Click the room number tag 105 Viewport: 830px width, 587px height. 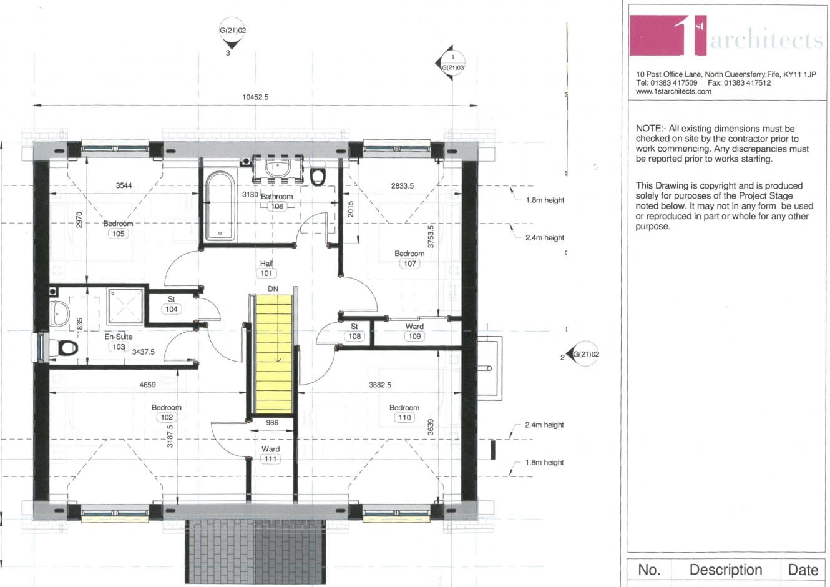click(118, 234)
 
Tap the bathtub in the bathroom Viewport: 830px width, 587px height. click(220, 207)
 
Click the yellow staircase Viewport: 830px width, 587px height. click(273, 353)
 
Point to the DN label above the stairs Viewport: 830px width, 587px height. click(273, 289)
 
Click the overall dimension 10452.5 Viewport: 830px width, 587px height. click(255, 97)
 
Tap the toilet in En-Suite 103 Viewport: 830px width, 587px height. click(65, 347)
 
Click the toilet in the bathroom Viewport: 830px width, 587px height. click(318, 175)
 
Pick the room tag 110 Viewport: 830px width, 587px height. click(404, 417)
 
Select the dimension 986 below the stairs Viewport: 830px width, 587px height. click(272, 423)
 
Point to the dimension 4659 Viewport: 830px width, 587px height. click(147, 385)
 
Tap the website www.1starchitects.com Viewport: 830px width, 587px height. click(673, 91)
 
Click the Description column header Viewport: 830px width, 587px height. click(725, 570)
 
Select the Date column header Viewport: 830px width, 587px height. click(803, 570)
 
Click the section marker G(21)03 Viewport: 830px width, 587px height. click(452, 64)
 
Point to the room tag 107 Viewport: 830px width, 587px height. click(409, 264)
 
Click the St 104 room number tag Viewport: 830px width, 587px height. click(172, 309)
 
